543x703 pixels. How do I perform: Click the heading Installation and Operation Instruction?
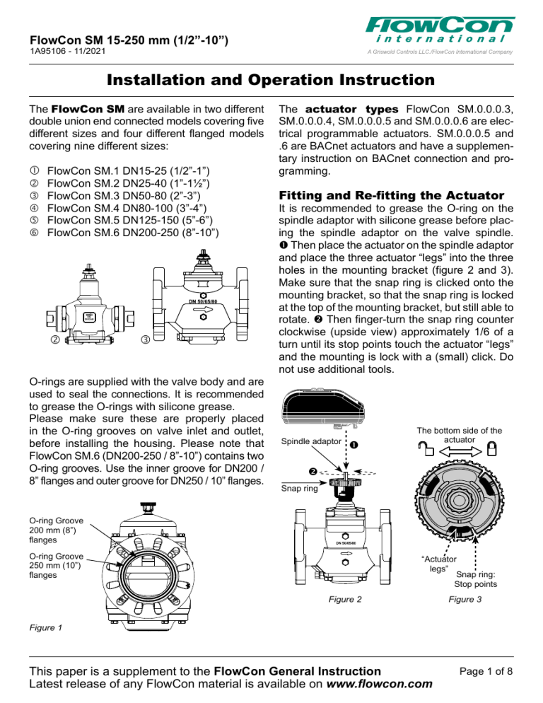pyautogui.click(x=271, y=80)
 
